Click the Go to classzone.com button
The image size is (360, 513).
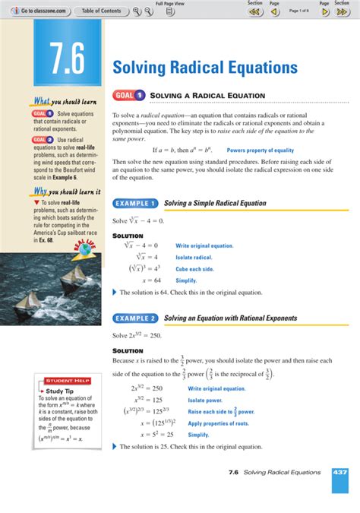[x=38, y=11]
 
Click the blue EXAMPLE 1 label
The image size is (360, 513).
[x=135, y=204]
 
